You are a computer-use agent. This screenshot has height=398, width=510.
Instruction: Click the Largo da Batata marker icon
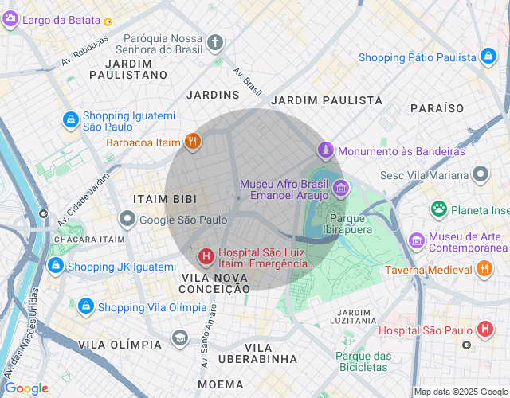pyautogui.click(x=10, y=19)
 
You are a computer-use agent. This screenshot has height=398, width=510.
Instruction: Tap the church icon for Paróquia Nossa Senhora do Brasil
pyautogui.click(x=215, y=42)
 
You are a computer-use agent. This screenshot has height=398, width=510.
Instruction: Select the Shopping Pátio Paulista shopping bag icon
pyautogui.click(x=488, y=57)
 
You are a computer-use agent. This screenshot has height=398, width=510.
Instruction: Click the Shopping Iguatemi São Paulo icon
pyautogui.click(x=71, y=120)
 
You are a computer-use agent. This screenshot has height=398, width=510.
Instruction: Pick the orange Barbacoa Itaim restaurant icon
pyautogui.click(x=192, y=143)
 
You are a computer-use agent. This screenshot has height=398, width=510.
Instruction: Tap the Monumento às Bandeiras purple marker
pyautogui.click(x=325, y=150)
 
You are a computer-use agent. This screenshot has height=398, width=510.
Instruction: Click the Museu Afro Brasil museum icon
pyautogui.click(x=341, y=189)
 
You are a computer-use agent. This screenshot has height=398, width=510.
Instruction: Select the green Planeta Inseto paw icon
pyautogui.click(x=439, y=209)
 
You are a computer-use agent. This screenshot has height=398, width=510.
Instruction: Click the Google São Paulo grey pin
pyautogui.click(x=127, y=219)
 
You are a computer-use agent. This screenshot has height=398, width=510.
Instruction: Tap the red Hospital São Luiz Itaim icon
pyautogui.click(x=206, y=256)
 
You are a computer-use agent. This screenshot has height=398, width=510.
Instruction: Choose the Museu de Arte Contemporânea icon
pyautogui.click(x=416, y=240)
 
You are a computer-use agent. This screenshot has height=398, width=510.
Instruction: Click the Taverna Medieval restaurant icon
pyautogui.click(x=483, y=270)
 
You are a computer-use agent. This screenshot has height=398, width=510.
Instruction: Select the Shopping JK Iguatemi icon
pyautogui.click(x=55, y=266)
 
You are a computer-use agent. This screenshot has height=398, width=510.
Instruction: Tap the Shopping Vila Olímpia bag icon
pyautogui.click(x=85, y=307)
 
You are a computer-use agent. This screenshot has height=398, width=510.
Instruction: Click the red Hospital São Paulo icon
pyautogui.click(x=484, y=330)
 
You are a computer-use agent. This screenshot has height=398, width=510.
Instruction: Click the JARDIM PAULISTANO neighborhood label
pyautogui.click(x=128, y=68)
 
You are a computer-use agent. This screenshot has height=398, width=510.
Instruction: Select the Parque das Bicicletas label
pyautogui.click(x=363, y=361)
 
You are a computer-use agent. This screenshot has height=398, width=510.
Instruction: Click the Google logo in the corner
pyautogui.click(x=25, y=388)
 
